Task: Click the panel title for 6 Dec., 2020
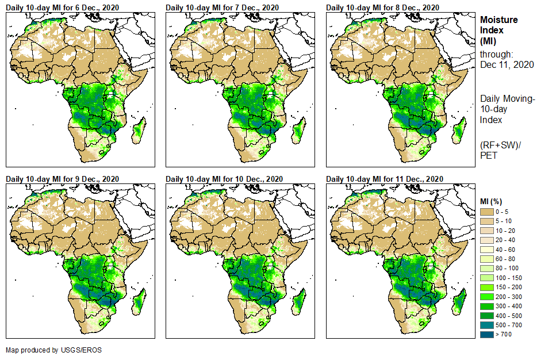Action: pyautogui.click(x=62, y=7)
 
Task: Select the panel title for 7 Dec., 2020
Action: pyautogui.click(x=222, y=7)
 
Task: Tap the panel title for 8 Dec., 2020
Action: pyautogui.click(x=382, y=7)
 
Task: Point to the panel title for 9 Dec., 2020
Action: pyautogui.click(x=62, y=179)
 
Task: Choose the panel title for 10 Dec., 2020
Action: pyautogui.click(x=224, y=179)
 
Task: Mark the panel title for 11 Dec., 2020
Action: pyautogui.click(x=385, y=179)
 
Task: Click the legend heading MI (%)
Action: pyautogui.click(x=492, y=201)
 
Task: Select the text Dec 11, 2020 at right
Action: pyautogui.click(x=507, y=65)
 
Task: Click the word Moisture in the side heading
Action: pyautogui.click(x=499, y=20)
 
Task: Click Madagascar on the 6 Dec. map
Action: pyautogui.click(x=139, y=130)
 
